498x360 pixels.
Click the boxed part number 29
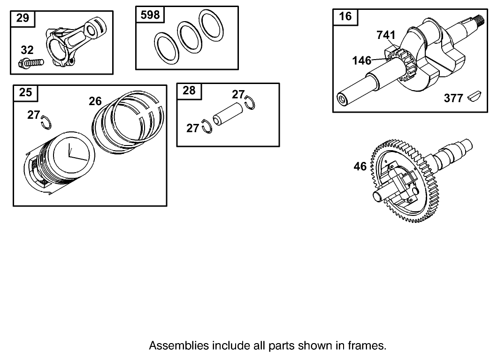pos(23,18)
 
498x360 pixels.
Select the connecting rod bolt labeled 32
pos(31,62)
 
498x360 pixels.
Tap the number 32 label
pos(28,50)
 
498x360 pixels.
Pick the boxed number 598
pos(150,15)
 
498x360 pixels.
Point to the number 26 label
pos(95,100)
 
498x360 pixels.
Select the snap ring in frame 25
pos(46,121)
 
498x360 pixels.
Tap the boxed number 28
pos(189,91)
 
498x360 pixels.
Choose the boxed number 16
pos(345,16)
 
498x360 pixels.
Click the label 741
pos(386,35)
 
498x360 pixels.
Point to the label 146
pos(362,61)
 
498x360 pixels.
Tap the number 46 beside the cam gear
pos(360,166)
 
